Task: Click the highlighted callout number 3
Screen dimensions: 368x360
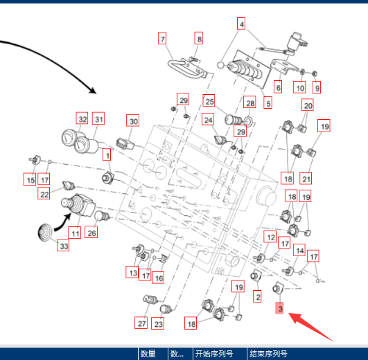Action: point(279,308)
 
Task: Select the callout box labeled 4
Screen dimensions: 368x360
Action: point(241,24)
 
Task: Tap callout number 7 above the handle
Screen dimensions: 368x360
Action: point(162,39)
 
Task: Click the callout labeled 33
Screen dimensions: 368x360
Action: point(63,246)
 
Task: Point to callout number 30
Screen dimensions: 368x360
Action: point(132,120)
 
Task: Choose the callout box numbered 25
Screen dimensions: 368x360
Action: point(209,100)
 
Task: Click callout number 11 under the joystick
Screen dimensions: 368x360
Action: point(75,233)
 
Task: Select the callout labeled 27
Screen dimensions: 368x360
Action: point(141,323)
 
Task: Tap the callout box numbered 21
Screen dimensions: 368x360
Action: point(306,179)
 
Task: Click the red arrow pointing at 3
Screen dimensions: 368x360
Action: point(310,326)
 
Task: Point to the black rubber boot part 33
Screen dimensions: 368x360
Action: point(45,233)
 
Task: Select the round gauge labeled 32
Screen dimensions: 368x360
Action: point(69,138)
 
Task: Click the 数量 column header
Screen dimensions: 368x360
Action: point(148,354)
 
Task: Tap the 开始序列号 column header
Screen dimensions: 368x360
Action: point(214,354)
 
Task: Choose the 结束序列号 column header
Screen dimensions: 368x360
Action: point(268,354)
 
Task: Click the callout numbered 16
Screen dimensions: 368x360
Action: point(158,278)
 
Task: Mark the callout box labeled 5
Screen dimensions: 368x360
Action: point(268,102)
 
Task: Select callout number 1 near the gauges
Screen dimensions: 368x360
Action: point(107,154)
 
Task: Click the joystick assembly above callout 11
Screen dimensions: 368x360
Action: point(78,205)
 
